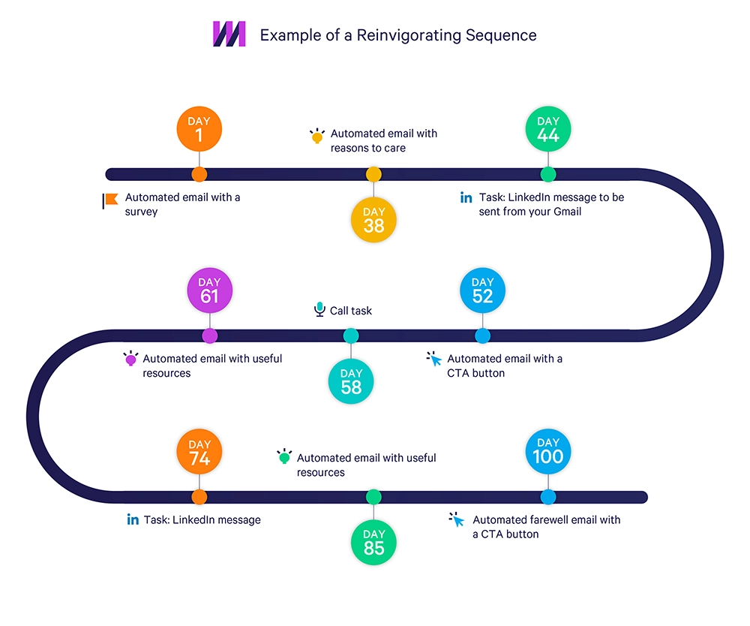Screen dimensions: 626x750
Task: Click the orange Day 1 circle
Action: (199, 129)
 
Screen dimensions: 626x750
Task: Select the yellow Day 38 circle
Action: (373, 219)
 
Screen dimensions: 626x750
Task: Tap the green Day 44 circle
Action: (548, 129)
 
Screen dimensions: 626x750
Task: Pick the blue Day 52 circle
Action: (482, 290)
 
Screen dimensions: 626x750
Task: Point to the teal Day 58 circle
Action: (351, 381)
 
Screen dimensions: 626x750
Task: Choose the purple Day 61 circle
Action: (209, 290)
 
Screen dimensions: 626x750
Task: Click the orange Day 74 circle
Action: (199, 453)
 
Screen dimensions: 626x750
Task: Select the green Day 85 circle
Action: (373, 543)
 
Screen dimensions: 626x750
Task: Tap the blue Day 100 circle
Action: (548, 452)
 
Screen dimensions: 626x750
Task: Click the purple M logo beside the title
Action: (229, 35)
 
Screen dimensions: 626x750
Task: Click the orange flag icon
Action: (110, 200)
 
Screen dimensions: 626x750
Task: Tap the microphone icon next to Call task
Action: (319, 310)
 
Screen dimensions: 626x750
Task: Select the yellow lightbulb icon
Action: (317, 136)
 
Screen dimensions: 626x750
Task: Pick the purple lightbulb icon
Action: (130, 359)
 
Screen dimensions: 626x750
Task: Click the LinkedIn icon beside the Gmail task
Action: (466, 197)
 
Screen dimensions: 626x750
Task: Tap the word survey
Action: (141, 212)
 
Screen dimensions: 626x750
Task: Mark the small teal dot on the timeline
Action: (351, 336)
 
